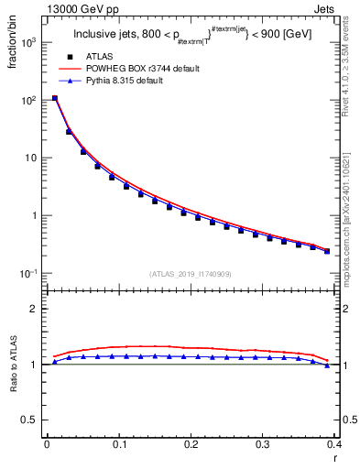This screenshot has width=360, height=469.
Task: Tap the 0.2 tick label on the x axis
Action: [191, 444]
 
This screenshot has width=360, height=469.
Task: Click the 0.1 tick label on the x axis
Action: [118, 444]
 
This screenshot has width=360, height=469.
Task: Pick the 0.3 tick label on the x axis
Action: [263, 444]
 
